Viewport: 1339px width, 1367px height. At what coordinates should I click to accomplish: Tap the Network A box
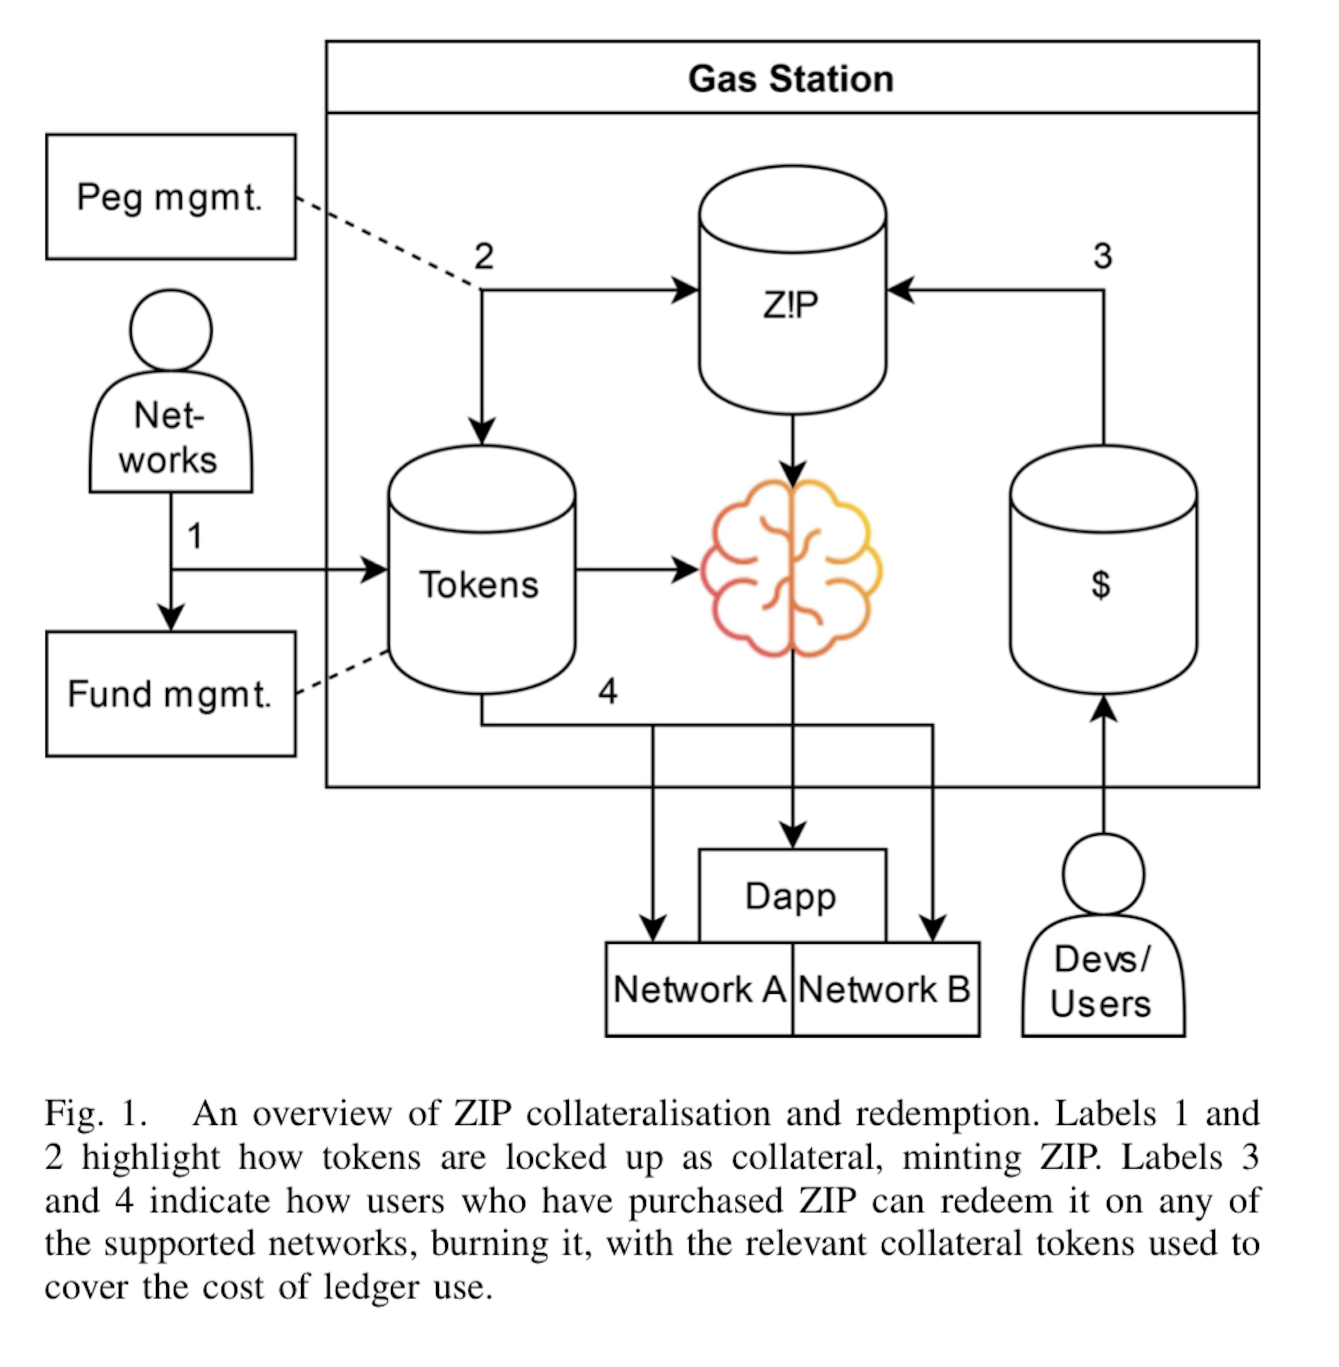(x=699, y=989)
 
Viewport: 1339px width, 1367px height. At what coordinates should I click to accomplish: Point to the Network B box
(x=885, y=989)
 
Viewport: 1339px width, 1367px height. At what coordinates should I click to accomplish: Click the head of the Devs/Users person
(x=1103, y=874)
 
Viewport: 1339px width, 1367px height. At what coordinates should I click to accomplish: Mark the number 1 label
(x=195, y=536)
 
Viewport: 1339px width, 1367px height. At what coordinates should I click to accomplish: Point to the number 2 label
(x=484, y=256)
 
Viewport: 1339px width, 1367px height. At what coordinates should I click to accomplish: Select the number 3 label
(x=1103, y=256)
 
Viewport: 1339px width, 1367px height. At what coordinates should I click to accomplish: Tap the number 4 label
(x=608, y=691)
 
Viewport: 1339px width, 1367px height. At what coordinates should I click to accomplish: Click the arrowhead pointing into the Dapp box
(x=793, y=837)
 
